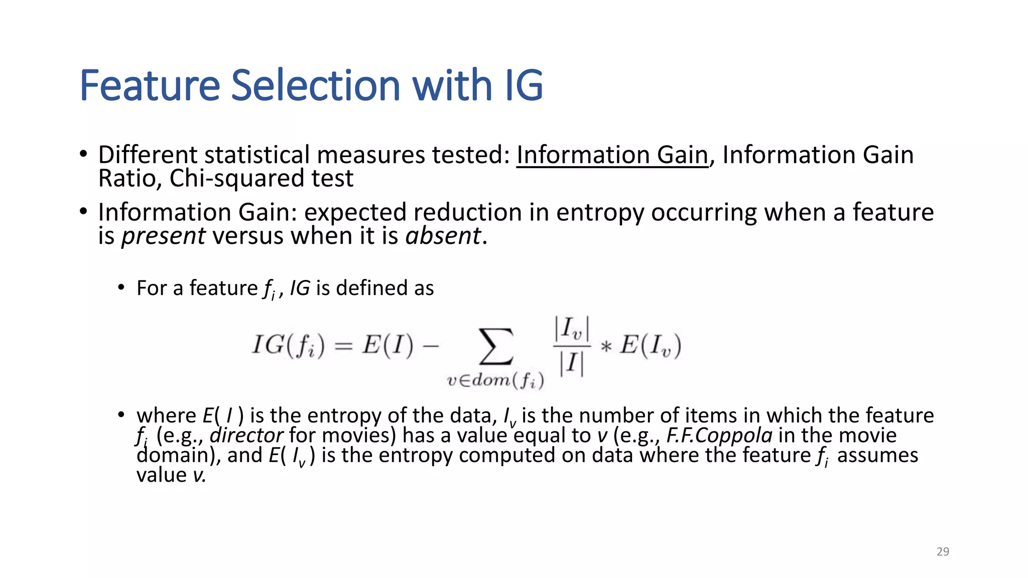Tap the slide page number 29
pos(943,551)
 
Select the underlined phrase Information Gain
pos(612,155)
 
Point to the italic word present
pos(163,236)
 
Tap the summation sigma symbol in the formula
pos(496,346)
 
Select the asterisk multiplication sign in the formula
pos(606,347)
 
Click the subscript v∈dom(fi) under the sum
pos(495,381)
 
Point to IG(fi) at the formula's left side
pos(288,345)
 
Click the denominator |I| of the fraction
pos(572,363)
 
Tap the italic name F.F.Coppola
pos(719,435)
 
